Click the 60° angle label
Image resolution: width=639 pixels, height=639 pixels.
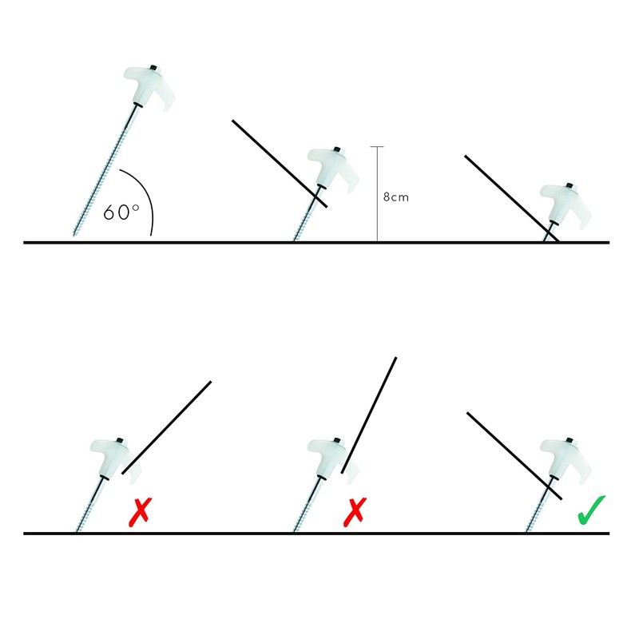click(121, 212)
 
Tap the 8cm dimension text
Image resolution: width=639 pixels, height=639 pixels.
click(396, 197)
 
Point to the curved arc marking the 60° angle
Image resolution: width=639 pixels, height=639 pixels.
click(147, 196)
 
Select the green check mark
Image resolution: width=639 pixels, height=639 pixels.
click(592, 510)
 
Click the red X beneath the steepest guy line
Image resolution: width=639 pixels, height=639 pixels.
click(351, 511)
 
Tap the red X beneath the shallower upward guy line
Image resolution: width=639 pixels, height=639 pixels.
click(141, 511)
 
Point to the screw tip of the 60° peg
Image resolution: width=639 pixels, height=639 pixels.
click(77, 232)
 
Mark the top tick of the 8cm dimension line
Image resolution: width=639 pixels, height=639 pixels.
click(378, 147)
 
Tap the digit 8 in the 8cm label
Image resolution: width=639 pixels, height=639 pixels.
click(387, 197)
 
